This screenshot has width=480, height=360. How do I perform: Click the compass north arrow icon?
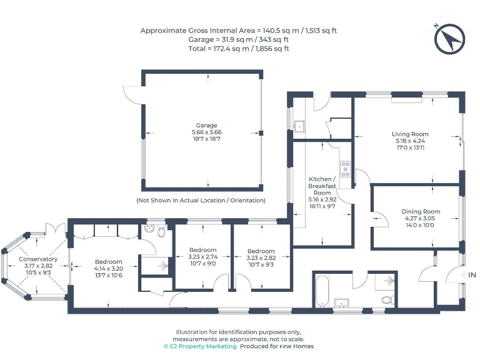click(449, 39)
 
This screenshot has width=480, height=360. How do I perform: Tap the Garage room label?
click(206, 126)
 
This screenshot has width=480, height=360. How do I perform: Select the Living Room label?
click(410, 134)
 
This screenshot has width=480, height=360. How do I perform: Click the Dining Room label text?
click(421, 211)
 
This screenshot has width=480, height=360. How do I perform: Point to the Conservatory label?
click(38, 259)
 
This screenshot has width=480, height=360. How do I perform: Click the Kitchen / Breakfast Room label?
click(322, 186)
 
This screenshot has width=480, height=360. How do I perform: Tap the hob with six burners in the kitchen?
click(345, 169)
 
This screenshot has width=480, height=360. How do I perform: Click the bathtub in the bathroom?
click(322, 291)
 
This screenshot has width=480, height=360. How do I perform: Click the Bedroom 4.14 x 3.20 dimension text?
click(109, 269)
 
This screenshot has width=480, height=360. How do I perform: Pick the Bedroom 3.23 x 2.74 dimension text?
click(202, 256)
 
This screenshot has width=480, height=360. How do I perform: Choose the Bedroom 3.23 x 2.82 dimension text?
click(261, 257)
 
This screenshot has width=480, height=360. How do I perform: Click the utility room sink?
click(299, 126)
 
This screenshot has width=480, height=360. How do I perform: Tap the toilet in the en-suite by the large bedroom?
click(161, 231)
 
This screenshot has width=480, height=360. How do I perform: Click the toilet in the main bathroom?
click(388, 299)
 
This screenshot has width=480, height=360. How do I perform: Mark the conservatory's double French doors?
click(56, 229)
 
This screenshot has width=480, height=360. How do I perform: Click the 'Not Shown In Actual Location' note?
click(201, 201)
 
